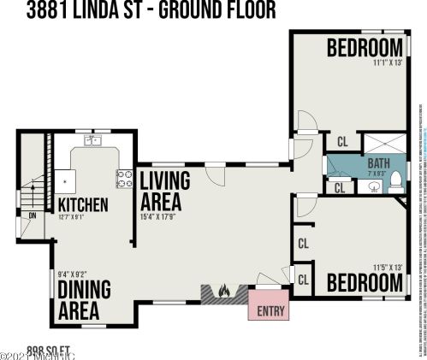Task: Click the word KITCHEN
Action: click(82, 205)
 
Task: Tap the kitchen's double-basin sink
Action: click(92, 140)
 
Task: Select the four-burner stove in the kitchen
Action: click(123, 178)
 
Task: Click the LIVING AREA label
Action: click(171, 192)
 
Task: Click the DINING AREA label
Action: click(84, 300)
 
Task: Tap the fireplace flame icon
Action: click(223, 292)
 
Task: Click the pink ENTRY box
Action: click(269, 310)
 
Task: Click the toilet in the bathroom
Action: click(395, 180)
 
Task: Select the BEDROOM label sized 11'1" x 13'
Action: click(365, 47)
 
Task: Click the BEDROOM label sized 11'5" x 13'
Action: click(365, 281)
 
